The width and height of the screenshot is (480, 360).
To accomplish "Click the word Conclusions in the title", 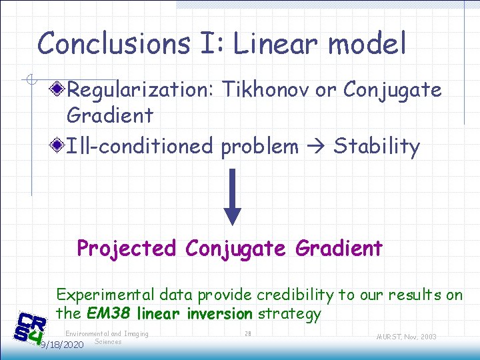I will click(113, 44).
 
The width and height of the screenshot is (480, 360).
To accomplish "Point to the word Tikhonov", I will click(267, 89).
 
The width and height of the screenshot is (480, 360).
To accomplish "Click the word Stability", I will click(377, 147).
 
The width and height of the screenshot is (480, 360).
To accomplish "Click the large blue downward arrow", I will click(233, 197).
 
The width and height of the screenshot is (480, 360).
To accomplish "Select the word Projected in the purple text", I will click(127, 249).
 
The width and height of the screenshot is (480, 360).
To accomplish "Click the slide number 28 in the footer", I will click(247, 334).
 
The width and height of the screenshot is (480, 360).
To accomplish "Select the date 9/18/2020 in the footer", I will click(61, 345).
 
